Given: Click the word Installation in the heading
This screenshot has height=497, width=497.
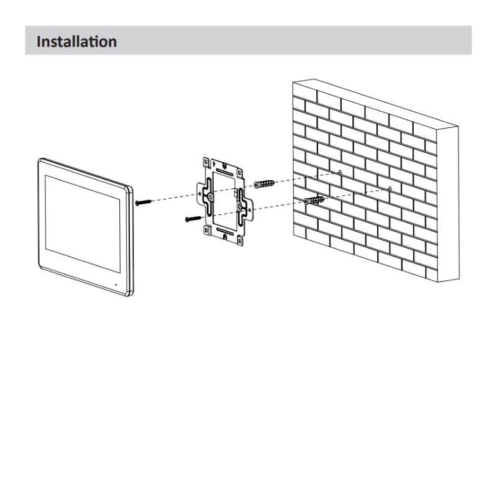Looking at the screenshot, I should pos(76,42).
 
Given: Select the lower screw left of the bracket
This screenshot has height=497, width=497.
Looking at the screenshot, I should pos(192,219).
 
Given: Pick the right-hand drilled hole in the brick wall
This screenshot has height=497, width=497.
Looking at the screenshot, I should pos(389,188).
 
